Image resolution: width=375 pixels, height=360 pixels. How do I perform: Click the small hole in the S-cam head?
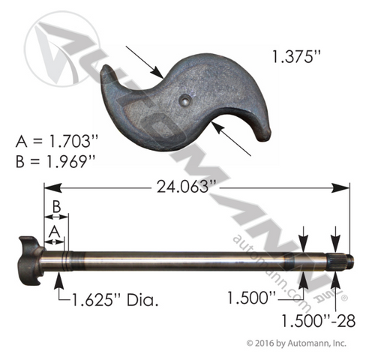(184, 97)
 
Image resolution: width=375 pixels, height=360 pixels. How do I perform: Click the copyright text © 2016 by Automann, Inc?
(296, 343)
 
